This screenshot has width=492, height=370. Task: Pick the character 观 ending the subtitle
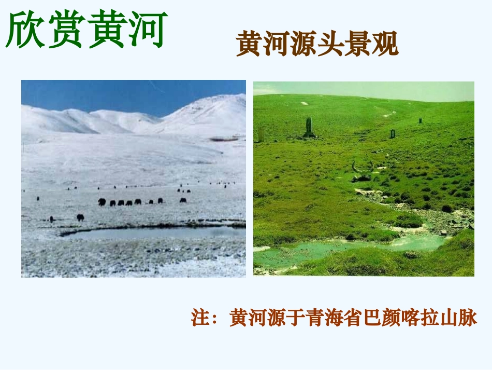pos(385,44)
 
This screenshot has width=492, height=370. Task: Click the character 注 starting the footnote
pos(200,318)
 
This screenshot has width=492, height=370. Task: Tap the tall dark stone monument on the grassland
pos(309,127)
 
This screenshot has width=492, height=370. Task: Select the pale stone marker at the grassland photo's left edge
pos(261,134)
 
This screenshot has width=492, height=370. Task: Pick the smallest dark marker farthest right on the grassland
pos(420,120)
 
